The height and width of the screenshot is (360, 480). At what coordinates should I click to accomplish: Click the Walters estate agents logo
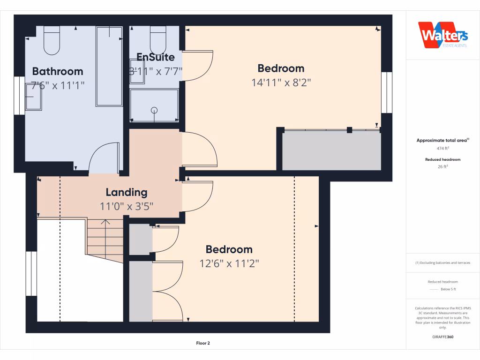(x=443, y=35)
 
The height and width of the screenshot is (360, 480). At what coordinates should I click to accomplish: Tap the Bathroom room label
(x=58, y=71)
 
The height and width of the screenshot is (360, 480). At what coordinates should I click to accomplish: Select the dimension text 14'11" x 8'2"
(x=281, y=82)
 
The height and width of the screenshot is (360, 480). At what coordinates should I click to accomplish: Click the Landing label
(x=127, y=192)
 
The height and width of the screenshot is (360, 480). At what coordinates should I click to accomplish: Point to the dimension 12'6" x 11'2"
(x=229, y=263)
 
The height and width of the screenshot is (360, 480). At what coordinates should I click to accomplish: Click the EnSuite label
(x=156, y=57)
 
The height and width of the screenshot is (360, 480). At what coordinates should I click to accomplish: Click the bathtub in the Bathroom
(x=109, y=66)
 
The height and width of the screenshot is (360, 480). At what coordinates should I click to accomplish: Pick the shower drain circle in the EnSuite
(x=154, y=110)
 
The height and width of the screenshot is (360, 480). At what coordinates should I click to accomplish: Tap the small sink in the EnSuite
(x=137, y=72)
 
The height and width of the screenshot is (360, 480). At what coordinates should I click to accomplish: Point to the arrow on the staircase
(x=105, y=224)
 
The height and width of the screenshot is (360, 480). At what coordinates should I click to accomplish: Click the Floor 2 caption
(x=202, y=343)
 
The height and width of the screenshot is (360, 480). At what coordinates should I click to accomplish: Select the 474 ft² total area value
(x=442, y=148)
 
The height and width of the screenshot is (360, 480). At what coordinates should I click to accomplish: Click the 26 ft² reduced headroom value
(x=442, y=166)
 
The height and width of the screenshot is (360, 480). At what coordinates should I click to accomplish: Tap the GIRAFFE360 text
(x=442, y=337)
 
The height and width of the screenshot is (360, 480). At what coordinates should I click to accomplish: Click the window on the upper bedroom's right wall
(x=386, y=92)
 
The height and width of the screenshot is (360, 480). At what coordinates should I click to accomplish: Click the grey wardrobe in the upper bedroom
(x=331, y=150)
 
